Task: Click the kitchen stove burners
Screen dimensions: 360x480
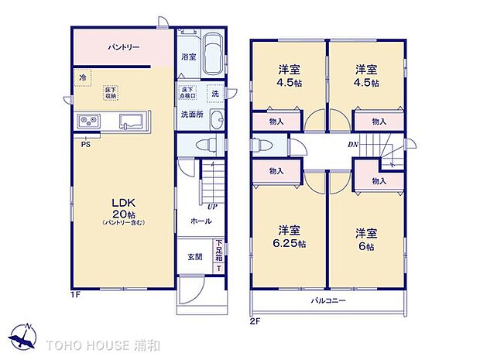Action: point(87,121)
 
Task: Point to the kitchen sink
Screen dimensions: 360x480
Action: point(130,122)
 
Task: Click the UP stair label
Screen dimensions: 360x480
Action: point(211,206)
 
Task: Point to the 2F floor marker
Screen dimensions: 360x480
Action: point(255,319)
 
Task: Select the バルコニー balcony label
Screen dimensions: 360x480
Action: point(328,300)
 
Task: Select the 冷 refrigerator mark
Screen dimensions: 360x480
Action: point(82,77)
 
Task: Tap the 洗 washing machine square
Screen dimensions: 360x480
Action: point(214,94)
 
